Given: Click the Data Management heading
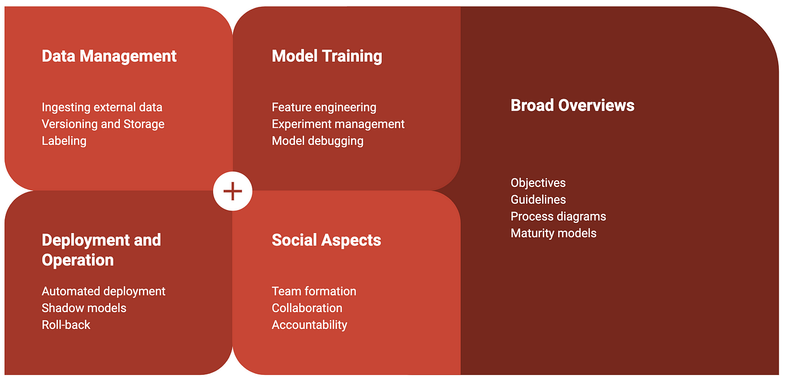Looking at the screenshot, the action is click(x=109, y=57).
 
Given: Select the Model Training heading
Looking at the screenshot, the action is click(x=327, y=57).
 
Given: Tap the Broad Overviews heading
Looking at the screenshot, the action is click(x=572, y=106).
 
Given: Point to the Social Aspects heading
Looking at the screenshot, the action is click(x=326, y=240).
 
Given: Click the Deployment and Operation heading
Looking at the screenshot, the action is click(x=101, y=250).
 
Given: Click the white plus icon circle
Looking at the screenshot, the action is click(x=233, y=191).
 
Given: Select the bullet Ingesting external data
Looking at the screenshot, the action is click(x=102, y=107).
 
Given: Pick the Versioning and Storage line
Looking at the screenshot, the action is click(x=103, y=124).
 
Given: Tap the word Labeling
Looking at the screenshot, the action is click(x=64, y=141).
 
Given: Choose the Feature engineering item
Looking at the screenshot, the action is click(x=324, y=107).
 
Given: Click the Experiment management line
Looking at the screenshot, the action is click(x=338, y=124).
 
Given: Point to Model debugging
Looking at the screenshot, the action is click(x=318, y=141).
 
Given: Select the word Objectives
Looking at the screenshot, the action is click(x=538, y=183).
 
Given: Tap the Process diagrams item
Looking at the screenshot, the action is click(x=558, y=217).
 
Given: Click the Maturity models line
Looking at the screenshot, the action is click(x=553, y=234).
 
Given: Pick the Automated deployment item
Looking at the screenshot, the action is click(x=103, y=291).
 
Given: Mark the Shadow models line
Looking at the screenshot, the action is click(x=84, y=308).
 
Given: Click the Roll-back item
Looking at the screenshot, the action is click(x=66, y=325).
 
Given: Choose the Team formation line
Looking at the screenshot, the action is click(x=314, y=291).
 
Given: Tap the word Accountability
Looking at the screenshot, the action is click(x=310, y=325).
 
